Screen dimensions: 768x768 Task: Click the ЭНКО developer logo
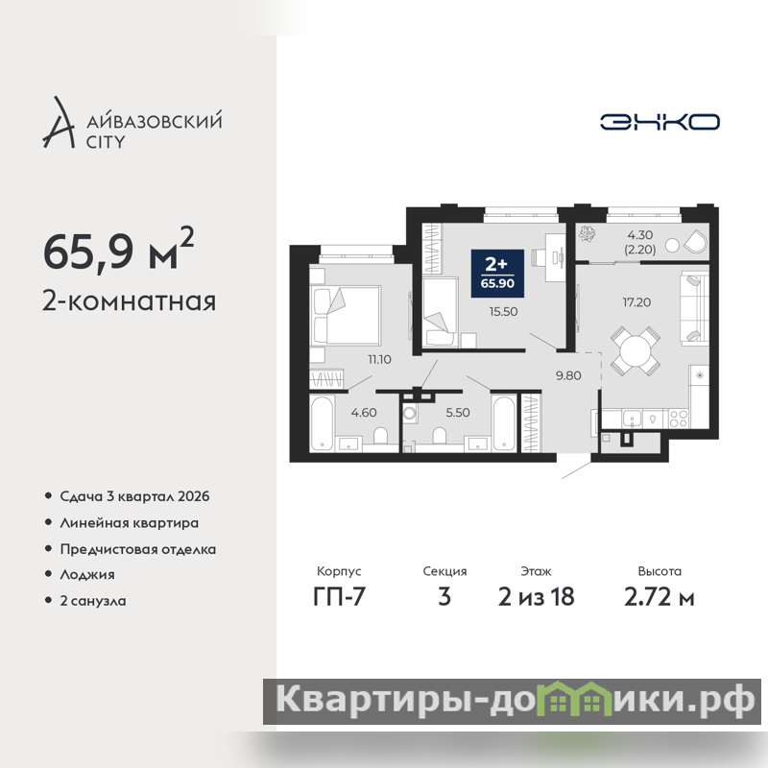tap(660, 122)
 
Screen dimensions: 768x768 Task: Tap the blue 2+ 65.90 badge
tap(497, 274)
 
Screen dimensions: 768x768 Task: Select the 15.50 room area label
tap(503, 311)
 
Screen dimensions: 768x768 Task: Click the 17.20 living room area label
tap(636, 302)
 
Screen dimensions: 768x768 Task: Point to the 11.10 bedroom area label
tap(379, 359)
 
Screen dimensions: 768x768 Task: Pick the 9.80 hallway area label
tap(568, 375)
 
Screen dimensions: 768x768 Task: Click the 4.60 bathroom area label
tap(364, 413)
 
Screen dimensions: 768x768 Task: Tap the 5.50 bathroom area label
tap(458, 413)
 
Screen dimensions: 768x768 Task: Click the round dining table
tap(635, 351)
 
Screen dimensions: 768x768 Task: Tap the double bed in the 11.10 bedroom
tap(345, 316)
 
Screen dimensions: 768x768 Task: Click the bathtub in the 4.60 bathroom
tap(322, 423)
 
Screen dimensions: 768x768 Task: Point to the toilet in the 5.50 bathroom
tap(440, 436)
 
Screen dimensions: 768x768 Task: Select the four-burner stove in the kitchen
tap(679, 419)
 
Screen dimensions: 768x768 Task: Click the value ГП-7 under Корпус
tap(339, 596)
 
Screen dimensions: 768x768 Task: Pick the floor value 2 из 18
tap(536, 596)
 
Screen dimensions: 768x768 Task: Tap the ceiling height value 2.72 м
tap(660, 596)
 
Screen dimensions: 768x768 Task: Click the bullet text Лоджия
tap(87, 574)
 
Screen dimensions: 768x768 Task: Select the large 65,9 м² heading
tap(118, 250)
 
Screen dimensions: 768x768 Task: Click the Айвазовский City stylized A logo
tap(59, 123)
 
